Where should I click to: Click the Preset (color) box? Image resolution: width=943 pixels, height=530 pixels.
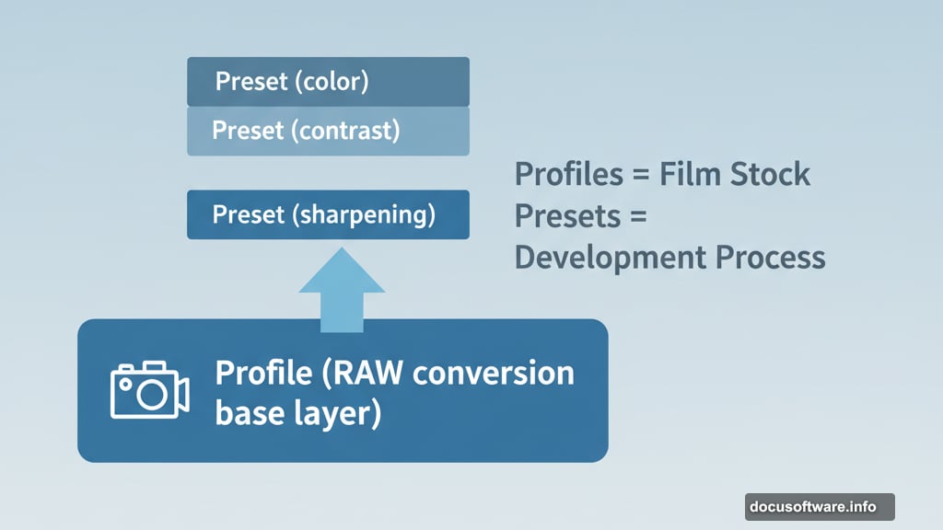point(328,82)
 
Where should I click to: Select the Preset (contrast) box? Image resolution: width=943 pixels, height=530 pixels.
point(328,132)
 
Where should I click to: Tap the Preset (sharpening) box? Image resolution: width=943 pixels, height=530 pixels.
point(328,215)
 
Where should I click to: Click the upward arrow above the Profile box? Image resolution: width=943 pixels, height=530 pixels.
point(342,287)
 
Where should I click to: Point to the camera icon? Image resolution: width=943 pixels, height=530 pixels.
point(149,390)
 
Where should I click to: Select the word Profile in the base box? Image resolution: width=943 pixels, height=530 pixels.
point(262,374)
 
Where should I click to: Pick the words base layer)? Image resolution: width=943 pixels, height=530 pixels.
point(297,413)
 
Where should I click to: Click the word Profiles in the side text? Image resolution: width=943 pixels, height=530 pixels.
point(563,174)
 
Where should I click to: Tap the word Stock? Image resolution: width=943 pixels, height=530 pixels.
point(772,174)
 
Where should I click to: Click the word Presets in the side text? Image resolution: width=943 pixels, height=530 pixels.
point(563,216)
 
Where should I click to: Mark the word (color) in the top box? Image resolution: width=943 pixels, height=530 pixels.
point(332,82)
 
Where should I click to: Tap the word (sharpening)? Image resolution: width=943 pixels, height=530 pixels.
point(364,215)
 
